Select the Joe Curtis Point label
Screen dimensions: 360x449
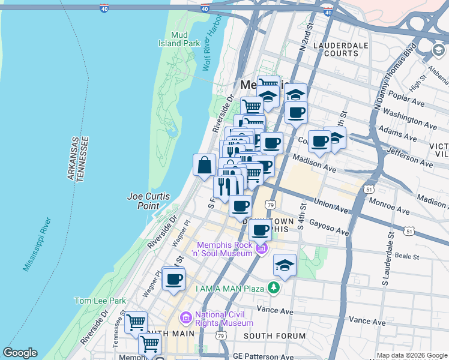[x=149, y=201]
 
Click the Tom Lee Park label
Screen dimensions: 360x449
[x=100, y=300]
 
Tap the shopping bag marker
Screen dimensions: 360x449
[x=204, y=165]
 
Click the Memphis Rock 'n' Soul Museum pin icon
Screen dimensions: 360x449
[x=261, y=248]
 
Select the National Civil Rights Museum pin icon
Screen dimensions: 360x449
[x=185, y=316]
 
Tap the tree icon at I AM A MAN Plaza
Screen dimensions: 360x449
[x=274, y=289]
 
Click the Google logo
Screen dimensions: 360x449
[x=20, y=353]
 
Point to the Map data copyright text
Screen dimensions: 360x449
[x=412, y=355]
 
